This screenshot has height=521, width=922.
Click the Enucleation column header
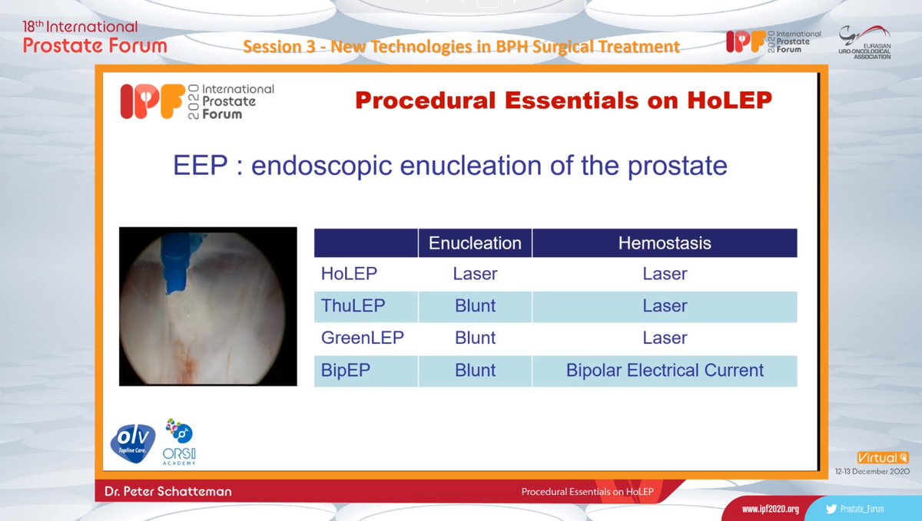pyautogui.click(x=475, y=243)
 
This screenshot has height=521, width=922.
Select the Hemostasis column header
pyautogui.click(x=665, y=243)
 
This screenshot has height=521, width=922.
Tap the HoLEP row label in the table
pyautogui.click(x=349, y=274)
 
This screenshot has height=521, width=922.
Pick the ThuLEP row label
pyautogui.click(x=353, y=306)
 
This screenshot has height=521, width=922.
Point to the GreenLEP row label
pyautogui.click(x=362, y=338)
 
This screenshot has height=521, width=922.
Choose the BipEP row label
pyautogui.click(x=345, y=370)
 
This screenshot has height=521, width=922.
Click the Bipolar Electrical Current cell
pyautogui.click(x=665, y=370)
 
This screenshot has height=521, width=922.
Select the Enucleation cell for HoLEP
pyautogui.click(x=475, y=274)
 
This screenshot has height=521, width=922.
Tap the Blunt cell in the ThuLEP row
pyautogui.click(x=475, y=306)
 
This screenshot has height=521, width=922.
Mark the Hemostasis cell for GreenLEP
pyautogui.click(x=665, y=338)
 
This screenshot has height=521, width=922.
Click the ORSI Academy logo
pyautogui.click(x=180, y=443)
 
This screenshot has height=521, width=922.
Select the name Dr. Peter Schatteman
pyautogui.click(x=168, y=491)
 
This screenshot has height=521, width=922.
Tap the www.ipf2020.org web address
pyautogui.click(x=770, y=509)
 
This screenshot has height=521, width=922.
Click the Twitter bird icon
pyautogui.click(x=831, y=509)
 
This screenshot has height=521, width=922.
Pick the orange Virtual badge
pyautogui.click(x=883, y=457)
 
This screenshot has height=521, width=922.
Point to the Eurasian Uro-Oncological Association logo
pyautogui.click(x=864, y=42)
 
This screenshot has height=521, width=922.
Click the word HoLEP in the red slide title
pyautogui.click(x=729, y=101)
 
